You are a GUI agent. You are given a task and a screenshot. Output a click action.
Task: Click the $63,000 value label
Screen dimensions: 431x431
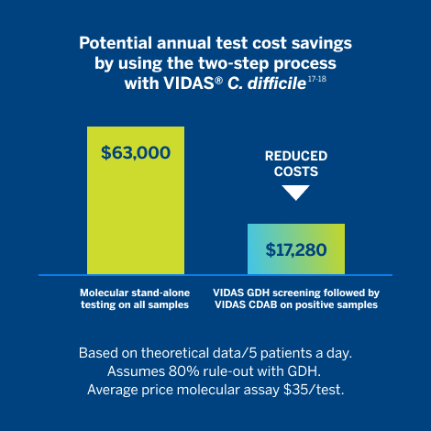[x=136, y=152]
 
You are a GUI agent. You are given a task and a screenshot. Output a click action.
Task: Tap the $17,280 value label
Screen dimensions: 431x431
[x=296, y=249]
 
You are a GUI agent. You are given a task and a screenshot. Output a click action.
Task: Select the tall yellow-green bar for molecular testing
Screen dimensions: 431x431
[x=136, y=211]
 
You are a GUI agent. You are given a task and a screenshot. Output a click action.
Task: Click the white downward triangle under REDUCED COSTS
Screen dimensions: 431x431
[x=295, y=193]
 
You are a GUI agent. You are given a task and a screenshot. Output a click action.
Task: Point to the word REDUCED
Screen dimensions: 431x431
[x=296, y=156]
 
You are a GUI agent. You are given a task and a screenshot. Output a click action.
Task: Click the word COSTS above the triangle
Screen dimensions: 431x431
[x=296, y=171]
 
